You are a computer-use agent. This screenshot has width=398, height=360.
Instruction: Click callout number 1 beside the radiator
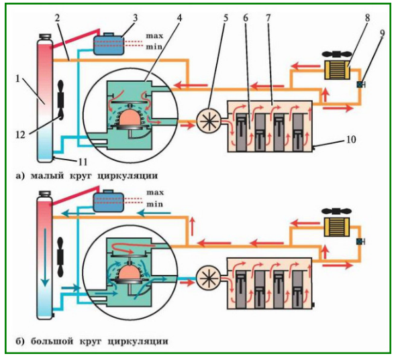[17, 79]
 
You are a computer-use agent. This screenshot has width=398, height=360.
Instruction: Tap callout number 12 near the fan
[21, 135]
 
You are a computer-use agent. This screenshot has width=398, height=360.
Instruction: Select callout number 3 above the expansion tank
[136, 18]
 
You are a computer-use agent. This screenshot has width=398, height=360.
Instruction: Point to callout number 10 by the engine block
[351, 139]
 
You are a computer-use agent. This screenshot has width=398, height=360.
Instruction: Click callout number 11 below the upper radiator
[83, 162]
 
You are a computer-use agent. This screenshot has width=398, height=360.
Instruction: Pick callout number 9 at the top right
[383, 34]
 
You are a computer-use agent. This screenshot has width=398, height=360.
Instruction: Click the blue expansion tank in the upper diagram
[109, 44]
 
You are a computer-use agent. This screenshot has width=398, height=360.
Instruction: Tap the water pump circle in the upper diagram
[209, 121]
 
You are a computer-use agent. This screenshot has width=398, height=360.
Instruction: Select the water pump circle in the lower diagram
[209, 278]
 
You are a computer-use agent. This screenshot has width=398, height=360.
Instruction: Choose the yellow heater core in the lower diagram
[337, 227]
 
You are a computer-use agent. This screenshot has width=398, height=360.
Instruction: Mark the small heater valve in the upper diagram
[360, 84]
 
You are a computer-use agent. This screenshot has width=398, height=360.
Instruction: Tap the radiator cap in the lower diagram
[45, 193]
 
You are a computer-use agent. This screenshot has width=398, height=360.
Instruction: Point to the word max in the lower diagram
[155, 192]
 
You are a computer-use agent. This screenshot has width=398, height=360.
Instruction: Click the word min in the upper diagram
[154, 47]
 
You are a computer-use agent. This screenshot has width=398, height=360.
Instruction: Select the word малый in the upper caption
[47, 176]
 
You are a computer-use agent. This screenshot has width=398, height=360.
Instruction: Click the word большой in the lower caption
[52, 341]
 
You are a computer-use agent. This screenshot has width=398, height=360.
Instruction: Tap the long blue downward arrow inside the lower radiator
[45, 257]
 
